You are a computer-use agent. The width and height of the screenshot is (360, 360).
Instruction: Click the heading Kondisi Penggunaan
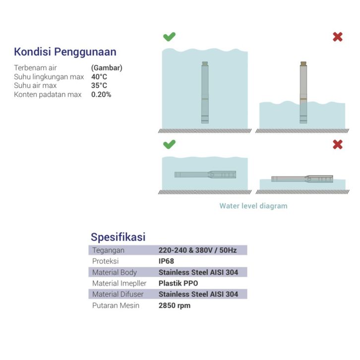[x=65, y=52]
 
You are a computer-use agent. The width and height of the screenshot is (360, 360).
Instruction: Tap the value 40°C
[x=99, y=77]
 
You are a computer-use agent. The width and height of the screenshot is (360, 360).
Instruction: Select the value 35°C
[x=99, y=85]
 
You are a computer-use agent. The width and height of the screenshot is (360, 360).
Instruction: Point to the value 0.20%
[x=101, y=94]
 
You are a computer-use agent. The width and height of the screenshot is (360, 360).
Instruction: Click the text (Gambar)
[x=107, y=68]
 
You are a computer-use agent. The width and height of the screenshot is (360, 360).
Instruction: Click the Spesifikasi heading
[x=118, y=237]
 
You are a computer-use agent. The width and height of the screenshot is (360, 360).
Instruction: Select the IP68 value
[x=166, y=261]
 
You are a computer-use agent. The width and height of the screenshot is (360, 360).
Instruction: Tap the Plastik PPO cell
[x=178, y=283]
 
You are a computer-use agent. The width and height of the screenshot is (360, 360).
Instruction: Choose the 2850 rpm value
[x=174, y=305]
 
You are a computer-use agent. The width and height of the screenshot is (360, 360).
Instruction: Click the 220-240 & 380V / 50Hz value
[x=197, y=250]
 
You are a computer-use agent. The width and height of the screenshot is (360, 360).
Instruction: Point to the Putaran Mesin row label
[x=116, y=305]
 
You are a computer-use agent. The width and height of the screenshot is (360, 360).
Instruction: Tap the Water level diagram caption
[x=253, y=206]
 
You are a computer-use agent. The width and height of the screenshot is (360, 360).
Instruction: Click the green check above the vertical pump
[x=169, y=37]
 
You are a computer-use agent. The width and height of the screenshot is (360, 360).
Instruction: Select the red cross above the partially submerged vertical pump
[x=338, y=37]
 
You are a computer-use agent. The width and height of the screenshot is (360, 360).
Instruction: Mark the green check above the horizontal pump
[x=169, y=144]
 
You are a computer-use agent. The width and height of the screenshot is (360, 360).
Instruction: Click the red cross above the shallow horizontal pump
[x=338, y=144]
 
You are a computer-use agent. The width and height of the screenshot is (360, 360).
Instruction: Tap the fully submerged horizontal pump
[x=205, y=175]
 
